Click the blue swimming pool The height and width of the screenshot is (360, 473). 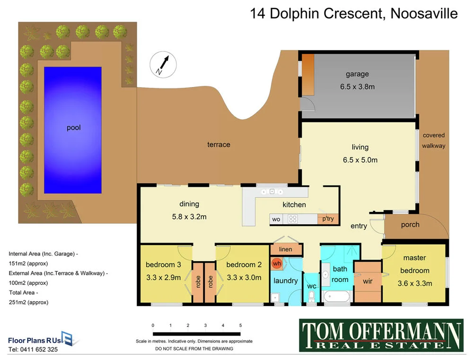point(73,130)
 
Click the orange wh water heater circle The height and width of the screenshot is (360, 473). point(277,263)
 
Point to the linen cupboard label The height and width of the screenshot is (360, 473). point(285,249)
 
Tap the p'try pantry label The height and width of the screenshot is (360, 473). point(328,219)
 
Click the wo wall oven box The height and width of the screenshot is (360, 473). point(276,219)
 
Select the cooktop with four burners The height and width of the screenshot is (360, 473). point(293,219)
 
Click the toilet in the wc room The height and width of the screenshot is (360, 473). point(311,296)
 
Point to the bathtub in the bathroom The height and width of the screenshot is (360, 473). point(337,297)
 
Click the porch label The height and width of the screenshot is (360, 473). point(410,225)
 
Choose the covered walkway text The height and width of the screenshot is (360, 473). point(433,140)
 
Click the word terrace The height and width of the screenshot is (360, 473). point(219,144)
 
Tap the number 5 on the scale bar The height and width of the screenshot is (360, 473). point(240,325)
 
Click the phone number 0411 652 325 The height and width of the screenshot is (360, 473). point(33,350)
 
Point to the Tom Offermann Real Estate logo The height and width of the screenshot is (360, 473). point(381,335)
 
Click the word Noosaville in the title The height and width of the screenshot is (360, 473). point(424,13)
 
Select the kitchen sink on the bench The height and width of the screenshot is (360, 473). point(272,192)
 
